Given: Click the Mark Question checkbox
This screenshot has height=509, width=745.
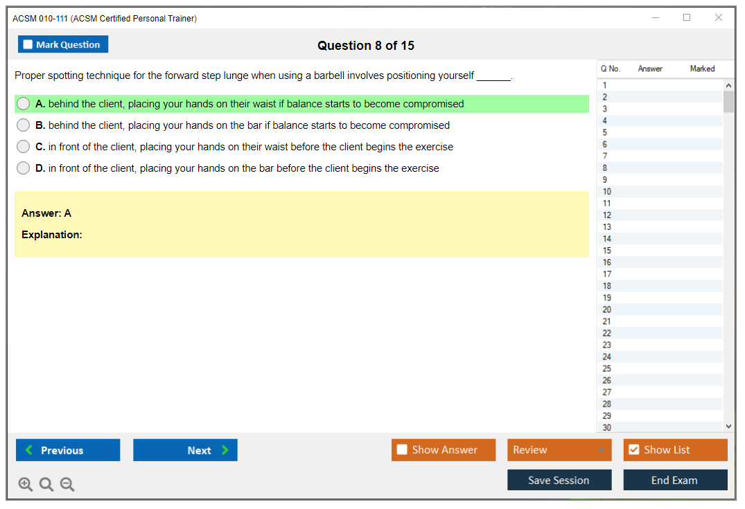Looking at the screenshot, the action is click(x=28, y=44).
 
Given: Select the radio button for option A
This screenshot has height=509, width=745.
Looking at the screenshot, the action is click(x=24, y=103).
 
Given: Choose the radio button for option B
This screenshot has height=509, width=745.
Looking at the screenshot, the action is click(x=24, y=125).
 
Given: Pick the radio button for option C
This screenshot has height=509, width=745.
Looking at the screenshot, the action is click(x=24, y=146).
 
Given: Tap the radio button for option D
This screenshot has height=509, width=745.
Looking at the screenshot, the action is click(x=24, y=168).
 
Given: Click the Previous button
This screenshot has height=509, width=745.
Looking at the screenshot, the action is click(x=68, y=450).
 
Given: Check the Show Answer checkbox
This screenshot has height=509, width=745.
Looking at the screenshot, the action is click(x=402, y=449).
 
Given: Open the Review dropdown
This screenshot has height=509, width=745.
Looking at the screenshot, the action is click(x=559, y=450).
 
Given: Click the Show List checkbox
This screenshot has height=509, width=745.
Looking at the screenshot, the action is click(x=634, y=449).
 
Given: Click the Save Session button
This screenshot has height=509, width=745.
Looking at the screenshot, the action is click(x=559, y=480).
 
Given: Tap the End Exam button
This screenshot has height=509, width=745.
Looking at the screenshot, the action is click(x=675, y=480).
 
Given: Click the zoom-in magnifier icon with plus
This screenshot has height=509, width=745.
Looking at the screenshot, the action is click(x=26, y=484).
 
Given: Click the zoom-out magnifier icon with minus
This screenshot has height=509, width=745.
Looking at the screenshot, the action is click(x=67, y=484).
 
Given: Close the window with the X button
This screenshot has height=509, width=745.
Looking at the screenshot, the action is click(x=719, y=17).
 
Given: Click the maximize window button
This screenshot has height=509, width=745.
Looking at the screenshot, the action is click(x=687, y=17).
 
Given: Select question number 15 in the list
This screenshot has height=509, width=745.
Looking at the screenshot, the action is click(x=607, y=251).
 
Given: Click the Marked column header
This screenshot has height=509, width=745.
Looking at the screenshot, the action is click(x=702, y=69).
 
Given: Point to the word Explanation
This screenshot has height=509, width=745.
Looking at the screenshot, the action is click(x=51, y=235).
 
